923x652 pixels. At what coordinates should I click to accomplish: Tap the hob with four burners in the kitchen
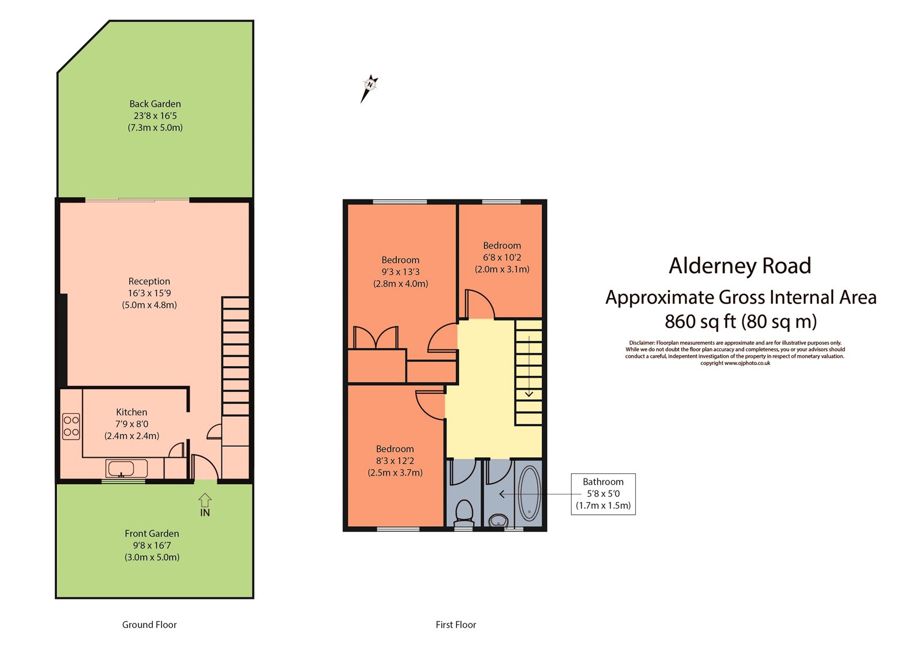click(x=71, y=427)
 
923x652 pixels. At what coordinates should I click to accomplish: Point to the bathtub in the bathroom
click(x=529, y=493)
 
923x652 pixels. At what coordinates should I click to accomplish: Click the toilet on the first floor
click(x=464, y=511)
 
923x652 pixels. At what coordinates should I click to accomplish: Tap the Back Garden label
click(x=155, y=115)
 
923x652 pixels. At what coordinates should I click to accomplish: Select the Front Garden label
click(x=152, y=545)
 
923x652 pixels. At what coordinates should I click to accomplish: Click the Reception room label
click(x=149, y=293)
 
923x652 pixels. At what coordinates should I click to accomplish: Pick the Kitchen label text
click(x=132, y=412)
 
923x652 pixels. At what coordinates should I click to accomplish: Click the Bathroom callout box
click(x=603, y=493)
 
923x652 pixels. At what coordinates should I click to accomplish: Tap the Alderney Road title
click(x=740, y=266)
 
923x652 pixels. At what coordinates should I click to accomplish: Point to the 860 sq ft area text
click(x=740, y=321)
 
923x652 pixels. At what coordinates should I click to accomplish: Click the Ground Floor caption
click(x=149, y=624)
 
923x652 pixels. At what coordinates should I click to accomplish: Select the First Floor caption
click(x=456, y=624)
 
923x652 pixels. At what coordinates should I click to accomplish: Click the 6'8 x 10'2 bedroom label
click(x=502, y=257)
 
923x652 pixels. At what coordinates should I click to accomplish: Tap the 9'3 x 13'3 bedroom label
click(x=400, y=272)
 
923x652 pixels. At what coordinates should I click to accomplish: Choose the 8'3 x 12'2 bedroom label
click(x=395, y=461)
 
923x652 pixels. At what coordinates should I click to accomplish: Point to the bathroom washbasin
click(x=498, y=521)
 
